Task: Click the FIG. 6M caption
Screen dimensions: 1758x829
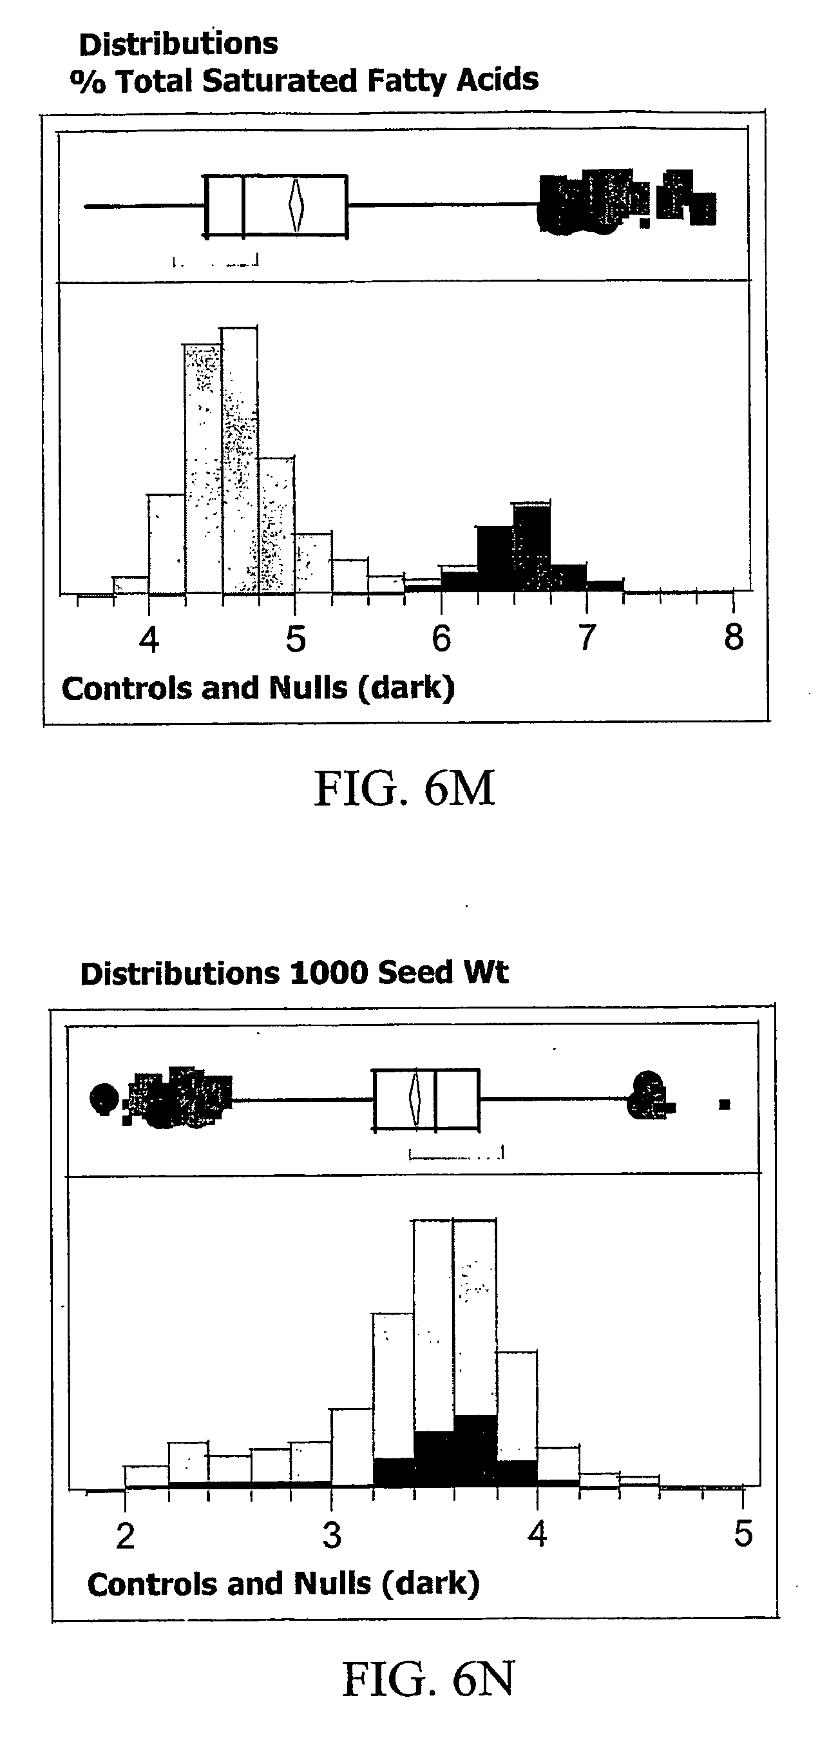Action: (404, 788)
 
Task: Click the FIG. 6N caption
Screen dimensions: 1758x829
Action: (428, 1679)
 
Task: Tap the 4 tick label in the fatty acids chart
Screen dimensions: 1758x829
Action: (149, 639)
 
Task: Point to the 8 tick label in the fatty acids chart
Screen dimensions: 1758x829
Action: (734, 637)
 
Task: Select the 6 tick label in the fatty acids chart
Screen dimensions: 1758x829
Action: (441, 639)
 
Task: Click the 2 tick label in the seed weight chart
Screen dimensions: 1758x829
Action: (125, 1536)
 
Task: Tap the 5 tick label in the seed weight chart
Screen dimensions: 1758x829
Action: (743, 1534)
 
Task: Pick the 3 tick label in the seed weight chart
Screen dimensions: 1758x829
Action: (332, 1536)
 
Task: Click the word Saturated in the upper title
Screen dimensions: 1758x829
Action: (280, 81)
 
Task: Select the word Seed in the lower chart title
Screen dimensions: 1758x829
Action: (415, 972)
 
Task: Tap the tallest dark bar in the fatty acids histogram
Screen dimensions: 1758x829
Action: (531, 546)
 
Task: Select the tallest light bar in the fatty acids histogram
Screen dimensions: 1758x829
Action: (240, 461)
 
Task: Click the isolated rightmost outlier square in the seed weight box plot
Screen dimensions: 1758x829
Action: (725, 1103)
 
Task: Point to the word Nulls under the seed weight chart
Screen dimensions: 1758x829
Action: (332, 1584)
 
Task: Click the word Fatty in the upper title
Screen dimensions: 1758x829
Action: (406, 81)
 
